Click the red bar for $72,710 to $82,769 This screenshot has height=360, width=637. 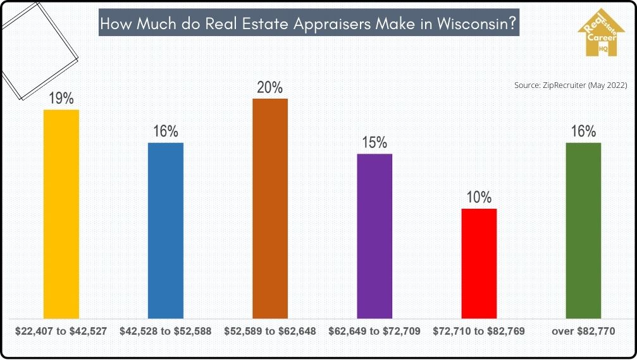[x=479, y=263]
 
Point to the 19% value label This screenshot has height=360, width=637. [x=61, y=98]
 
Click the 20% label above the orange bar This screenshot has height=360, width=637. [x=270, y=87]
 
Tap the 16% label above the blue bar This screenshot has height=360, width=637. [x=166, y=132]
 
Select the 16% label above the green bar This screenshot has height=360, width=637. [x=583, y=132]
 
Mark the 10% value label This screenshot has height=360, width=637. [x=479, y=197]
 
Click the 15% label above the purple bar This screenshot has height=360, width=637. [x=374, y=142]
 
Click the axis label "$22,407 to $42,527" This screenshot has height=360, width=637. [x=61, y=331]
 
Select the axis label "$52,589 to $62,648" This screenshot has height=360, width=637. [x=270, y=331]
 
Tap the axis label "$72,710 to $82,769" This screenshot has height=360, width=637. [x=479, y=331]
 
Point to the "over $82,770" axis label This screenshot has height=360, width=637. [x=583, y=331]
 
